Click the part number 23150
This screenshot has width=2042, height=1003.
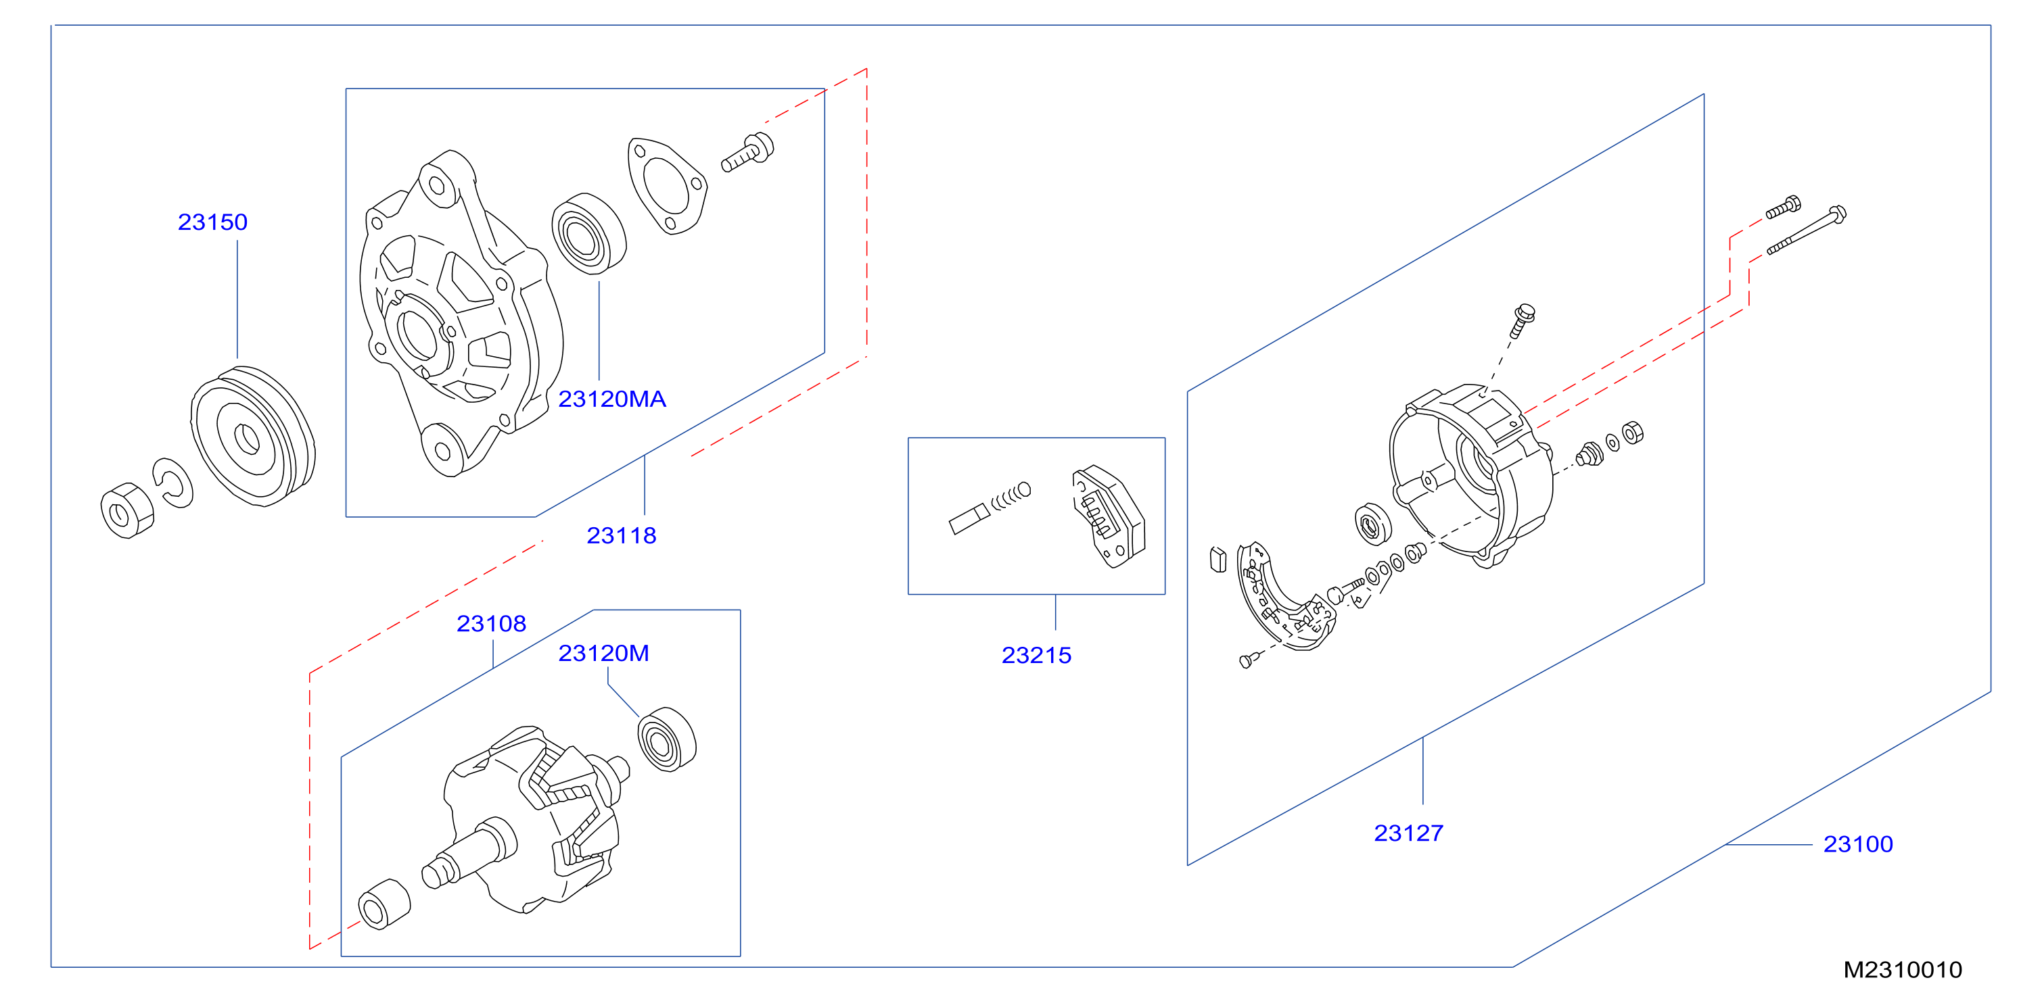[x=212, y=222]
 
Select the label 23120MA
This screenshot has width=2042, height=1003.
[x=612, y=399]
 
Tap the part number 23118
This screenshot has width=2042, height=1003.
[x=622, y=535]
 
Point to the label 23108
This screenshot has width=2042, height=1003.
[x=492, y=624]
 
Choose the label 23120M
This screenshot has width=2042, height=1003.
[x=604, y=653]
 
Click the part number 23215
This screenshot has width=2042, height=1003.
[x=1036, y=655]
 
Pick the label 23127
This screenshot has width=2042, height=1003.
[x=1409, y=833]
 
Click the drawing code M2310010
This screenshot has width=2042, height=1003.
[x=1903, y=970]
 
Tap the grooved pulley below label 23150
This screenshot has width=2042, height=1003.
[x=253, y=436]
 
